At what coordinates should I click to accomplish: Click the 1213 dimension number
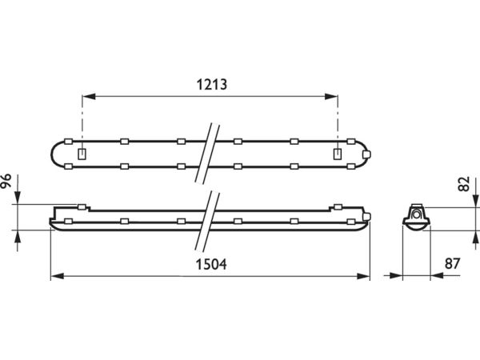pyautogui.click(x=211, y=85)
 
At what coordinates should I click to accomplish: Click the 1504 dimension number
pyautogui.click(x=211, y=265)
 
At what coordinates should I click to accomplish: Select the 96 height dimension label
pyautogui.click(x=6, y=181)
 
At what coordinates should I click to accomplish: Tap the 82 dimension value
pyautogui.click(x=464, y=184)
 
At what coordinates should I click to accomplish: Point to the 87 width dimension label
pyautogui.click(x=453, y=263)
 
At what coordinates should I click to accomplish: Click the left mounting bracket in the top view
pyautogui.click(x=82, y=154)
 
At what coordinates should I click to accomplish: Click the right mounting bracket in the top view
pyautogui.click(x=338, y=154)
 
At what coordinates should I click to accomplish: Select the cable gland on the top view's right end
pyautogui.click(x=366, y=154)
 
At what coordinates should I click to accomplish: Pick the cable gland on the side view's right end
pyautogui.click(x=366, y=217)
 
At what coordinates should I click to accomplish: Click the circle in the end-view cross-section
pyautogui.click(x=416, y=214)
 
